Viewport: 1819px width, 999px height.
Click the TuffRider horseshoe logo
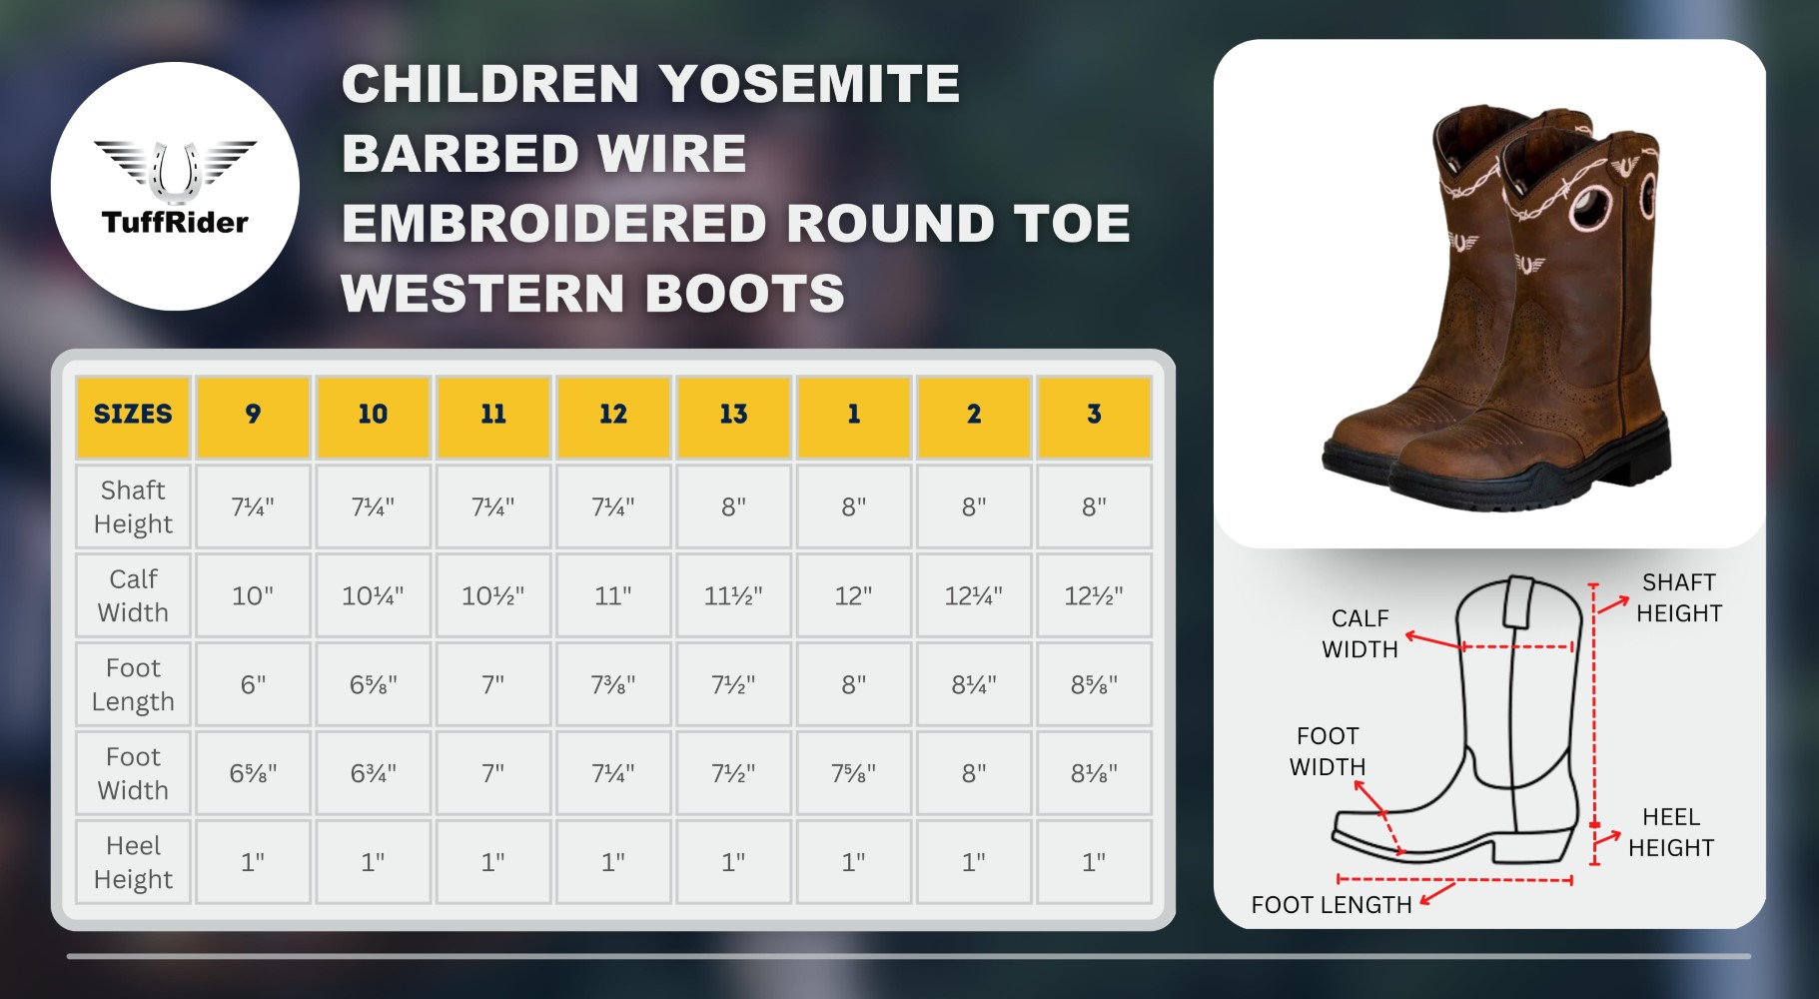pyautogui.click(x=175, y=187)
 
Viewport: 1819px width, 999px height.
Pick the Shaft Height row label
pyautogui.click(x=133, y=506)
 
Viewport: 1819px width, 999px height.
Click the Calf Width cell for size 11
pyautogui.click(x=493, y=595)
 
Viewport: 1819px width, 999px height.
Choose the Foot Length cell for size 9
pyautogui.click(x=253, y=684)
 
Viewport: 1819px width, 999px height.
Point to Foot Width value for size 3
pyautogui.click(x=1094, y=773)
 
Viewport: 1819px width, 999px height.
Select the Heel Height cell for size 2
pyautogui.click(x=974, y=862)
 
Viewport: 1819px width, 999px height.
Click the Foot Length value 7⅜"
pyautogui.click(x=613, y=684)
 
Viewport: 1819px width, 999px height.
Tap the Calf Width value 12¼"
pyautogui.click(x=974, y=595)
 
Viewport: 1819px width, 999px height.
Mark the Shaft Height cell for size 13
pyautogui.click(x=733, y=506)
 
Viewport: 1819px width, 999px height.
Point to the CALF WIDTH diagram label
pyautogui.click(x=1360, y=633)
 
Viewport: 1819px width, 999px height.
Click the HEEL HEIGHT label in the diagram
pyautogui.click(x=1671, y=832)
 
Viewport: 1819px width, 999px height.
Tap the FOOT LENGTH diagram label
pyautogui.click(x=1332, y=905)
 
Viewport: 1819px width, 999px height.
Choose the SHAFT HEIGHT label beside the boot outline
pyautogui.click(x=1679, y=597)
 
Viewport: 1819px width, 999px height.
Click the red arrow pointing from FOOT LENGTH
pyautogui.click(x=1437, y=892)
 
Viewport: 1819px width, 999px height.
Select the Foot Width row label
pyautogui.click(x=133, y=773)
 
